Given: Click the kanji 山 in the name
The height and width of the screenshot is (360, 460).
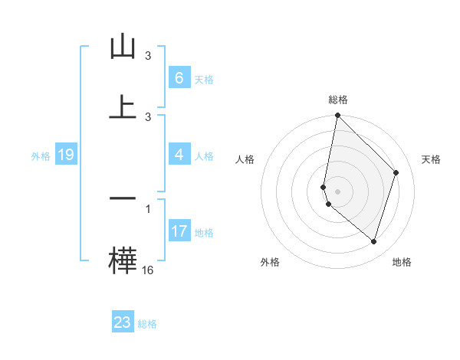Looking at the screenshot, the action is click(123, 47).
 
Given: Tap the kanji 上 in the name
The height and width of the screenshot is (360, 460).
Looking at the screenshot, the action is click(123, 108).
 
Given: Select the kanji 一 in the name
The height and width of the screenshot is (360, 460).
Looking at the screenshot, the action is click(123, 198).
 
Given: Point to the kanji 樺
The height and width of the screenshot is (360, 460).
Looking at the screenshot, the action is click(123, 258).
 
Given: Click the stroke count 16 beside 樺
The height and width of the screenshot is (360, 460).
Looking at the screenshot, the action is click(148, 270).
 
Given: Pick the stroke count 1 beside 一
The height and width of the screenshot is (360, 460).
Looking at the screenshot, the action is click(148, 208).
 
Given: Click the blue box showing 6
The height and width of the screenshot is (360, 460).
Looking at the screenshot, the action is click(179, 78).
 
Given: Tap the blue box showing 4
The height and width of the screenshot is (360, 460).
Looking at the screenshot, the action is click(179, 155).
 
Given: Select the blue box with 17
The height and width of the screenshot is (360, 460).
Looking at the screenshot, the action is click(179, 231).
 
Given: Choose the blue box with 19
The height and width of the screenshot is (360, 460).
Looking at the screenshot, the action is click(65, 155).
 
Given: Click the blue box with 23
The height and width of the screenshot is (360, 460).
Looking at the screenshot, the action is click(123, 322).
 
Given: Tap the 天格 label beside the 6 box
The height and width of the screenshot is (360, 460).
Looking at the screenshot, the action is click(203, 80).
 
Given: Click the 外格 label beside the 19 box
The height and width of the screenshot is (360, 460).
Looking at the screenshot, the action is click(41, 156).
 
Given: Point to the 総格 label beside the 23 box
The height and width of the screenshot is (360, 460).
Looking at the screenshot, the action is click(147, 324).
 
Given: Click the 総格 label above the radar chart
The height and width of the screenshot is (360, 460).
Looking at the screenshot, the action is click(337, 100).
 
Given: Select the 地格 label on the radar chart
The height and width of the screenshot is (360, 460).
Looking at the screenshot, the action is click(402, 262).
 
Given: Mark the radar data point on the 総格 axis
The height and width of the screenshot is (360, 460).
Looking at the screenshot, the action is click(337, 115).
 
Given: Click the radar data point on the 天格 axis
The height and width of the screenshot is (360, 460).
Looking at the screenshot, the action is click(396, 172).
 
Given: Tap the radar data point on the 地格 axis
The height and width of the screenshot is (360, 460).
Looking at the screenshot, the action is click(374, 242).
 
